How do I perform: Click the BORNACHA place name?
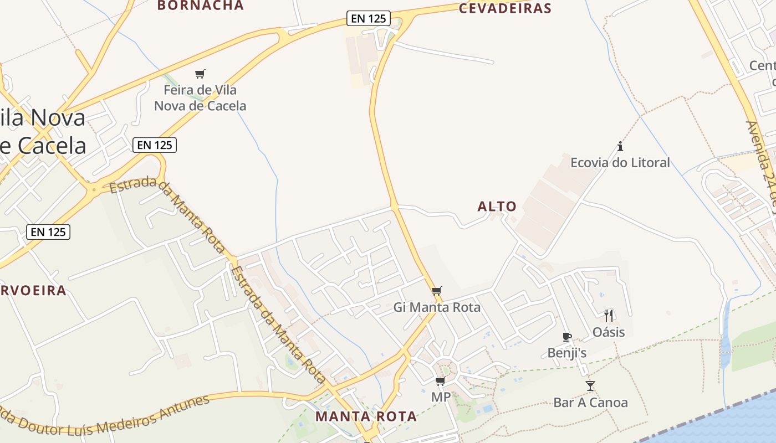tap(200, 6)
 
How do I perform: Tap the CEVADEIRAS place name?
tap(505, 8)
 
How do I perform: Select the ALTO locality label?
tap(497, 207)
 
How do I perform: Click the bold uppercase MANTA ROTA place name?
tap(366, 416)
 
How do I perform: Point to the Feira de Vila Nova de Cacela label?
tap(200, 97)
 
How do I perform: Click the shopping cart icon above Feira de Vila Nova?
tap(200, 74)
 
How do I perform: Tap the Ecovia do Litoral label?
tap(620, 162)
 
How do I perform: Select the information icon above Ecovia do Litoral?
tap(620, 147)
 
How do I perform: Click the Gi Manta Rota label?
tap(437, 307)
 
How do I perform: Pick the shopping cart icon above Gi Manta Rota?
tap(437, 291)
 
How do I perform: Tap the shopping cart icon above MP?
tap(441, 382)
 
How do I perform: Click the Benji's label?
tap(566, 353)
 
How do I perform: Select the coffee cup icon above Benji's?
tap(566, 337)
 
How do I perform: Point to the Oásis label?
tap(609, 332)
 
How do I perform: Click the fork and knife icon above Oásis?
tap(609, 316)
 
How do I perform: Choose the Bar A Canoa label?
tap(590, 403)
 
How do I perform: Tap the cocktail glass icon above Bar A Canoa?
tap(590, 385)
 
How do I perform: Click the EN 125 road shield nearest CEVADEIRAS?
tap(369, 18)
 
